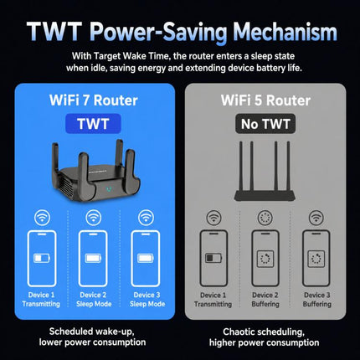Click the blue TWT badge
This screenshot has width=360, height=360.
93,124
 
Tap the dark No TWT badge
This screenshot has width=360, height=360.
265,124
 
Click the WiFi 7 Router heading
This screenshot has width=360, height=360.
94,100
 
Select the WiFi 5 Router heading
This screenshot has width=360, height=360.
265,100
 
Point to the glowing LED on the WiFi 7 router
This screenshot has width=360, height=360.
109,189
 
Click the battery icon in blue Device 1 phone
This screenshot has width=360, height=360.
42,258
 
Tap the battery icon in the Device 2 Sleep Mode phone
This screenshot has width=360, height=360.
93,258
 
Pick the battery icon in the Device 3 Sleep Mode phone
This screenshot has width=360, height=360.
146,258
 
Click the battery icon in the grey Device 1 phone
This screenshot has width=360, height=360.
213,258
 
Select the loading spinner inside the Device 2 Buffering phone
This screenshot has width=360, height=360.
265,259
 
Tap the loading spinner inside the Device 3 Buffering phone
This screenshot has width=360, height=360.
316,259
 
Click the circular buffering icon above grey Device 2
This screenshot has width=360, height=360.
265,218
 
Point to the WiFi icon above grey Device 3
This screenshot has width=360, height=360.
316,218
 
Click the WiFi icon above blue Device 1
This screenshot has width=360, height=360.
42,218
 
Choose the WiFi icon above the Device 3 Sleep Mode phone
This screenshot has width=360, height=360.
146,218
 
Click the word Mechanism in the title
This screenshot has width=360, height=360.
285,32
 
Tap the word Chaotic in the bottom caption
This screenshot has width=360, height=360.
239,332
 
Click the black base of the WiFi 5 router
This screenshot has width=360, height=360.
264,196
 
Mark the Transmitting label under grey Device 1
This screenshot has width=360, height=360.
213,304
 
